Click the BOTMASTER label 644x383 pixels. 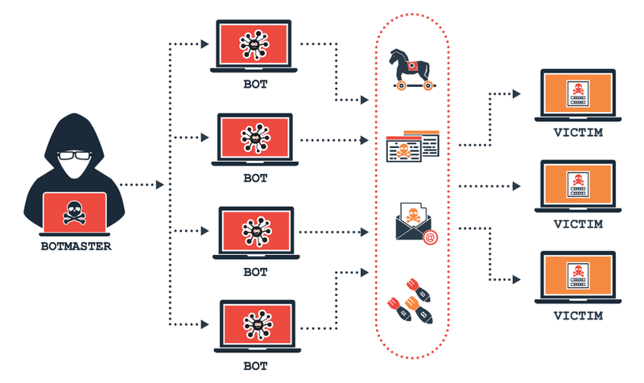76,246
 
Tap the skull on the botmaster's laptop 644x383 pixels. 74,212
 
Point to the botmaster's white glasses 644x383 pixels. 74,155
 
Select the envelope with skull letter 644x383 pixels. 414,221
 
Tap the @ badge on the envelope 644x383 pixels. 430,237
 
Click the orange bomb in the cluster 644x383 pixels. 419,310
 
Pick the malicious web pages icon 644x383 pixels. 412,146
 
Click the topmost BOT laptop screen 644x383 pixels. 254,44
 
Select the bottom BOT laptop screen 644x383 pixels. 258,324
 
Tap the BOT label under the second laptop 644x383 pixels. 255,178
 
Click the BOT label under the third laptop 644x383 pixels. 255,272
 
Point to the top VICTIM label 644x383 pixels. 578,133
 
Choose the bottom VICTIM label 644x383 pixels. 578,315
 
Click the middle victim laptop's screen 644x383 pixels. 578,184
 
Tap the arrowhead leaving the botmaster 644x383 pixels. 159,185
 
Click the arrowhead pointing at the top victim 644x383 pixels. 517,94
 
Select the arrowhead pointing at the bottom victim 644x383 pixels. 517,279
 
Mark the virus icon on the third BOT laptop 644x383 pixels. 256,232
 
